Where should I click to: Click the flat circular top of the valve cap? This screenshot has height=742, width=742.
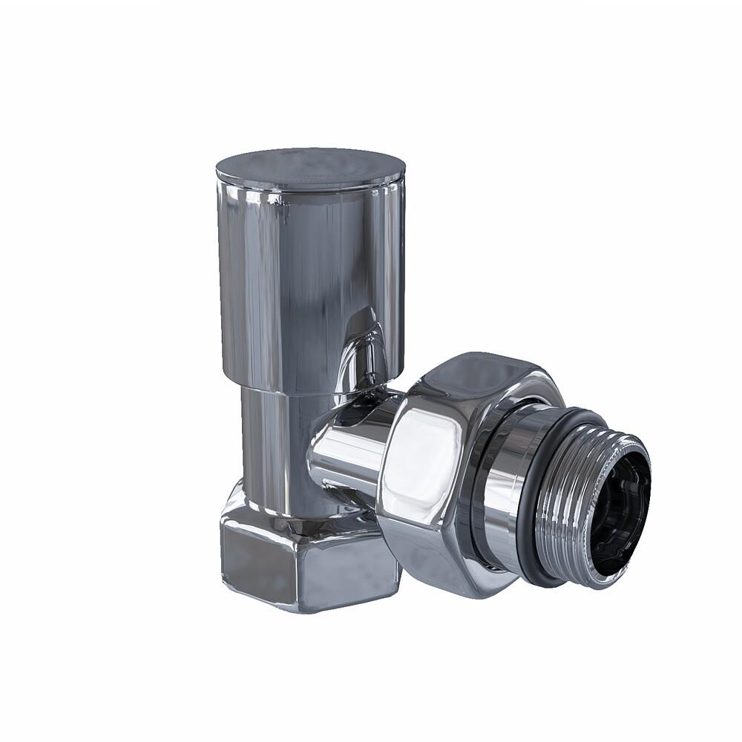[x=310, y=166]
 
